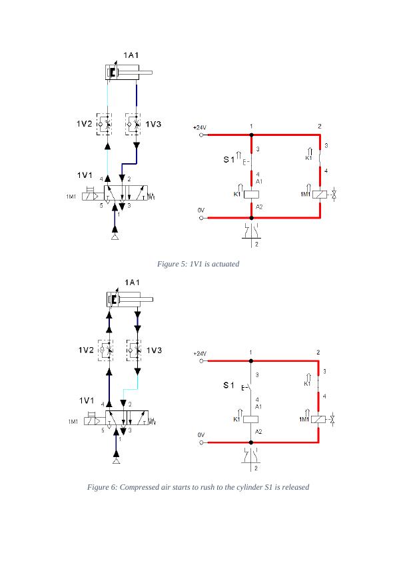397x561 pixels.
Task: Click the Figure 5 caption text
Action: coord(198,264)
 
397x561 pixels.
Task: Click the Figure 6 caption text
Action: coord(198,487)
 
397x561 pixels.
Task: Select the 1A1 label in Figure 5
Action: coord(131,55)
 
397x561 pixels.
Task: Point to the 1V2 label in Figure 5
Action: coord(83,124)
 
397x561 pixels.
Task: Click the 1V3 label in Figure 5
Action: coord(154,124)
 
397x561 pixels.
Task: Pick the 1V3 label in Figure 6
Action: coord(155,350)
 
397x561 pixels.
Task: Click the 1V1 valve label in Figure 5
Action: coord(84,175)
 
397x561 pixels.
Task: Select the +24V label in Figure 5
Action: coord(200,127)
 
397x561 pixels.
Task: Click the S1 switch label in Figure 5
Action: coord(228,160)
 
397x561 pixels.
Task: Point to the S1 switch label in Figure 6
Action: coord(228,385)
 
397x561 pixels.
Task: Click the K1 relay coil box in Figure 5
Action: coord(251,195)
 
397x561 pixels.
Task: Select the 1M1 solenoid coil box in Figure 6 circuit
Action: coord(320,419)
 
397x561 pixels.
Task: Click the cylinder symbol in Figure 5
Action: coord(129,72)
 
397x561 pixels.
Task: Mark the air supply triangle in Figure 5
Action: coord(115,237)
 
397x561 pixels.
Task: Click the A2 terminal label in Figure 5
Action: coord(259,207)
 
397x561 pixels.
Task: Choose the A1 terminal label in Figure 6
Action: coord(258,406)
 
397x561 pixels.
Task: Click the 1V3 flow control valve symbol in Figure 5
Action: coord(136,124)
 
